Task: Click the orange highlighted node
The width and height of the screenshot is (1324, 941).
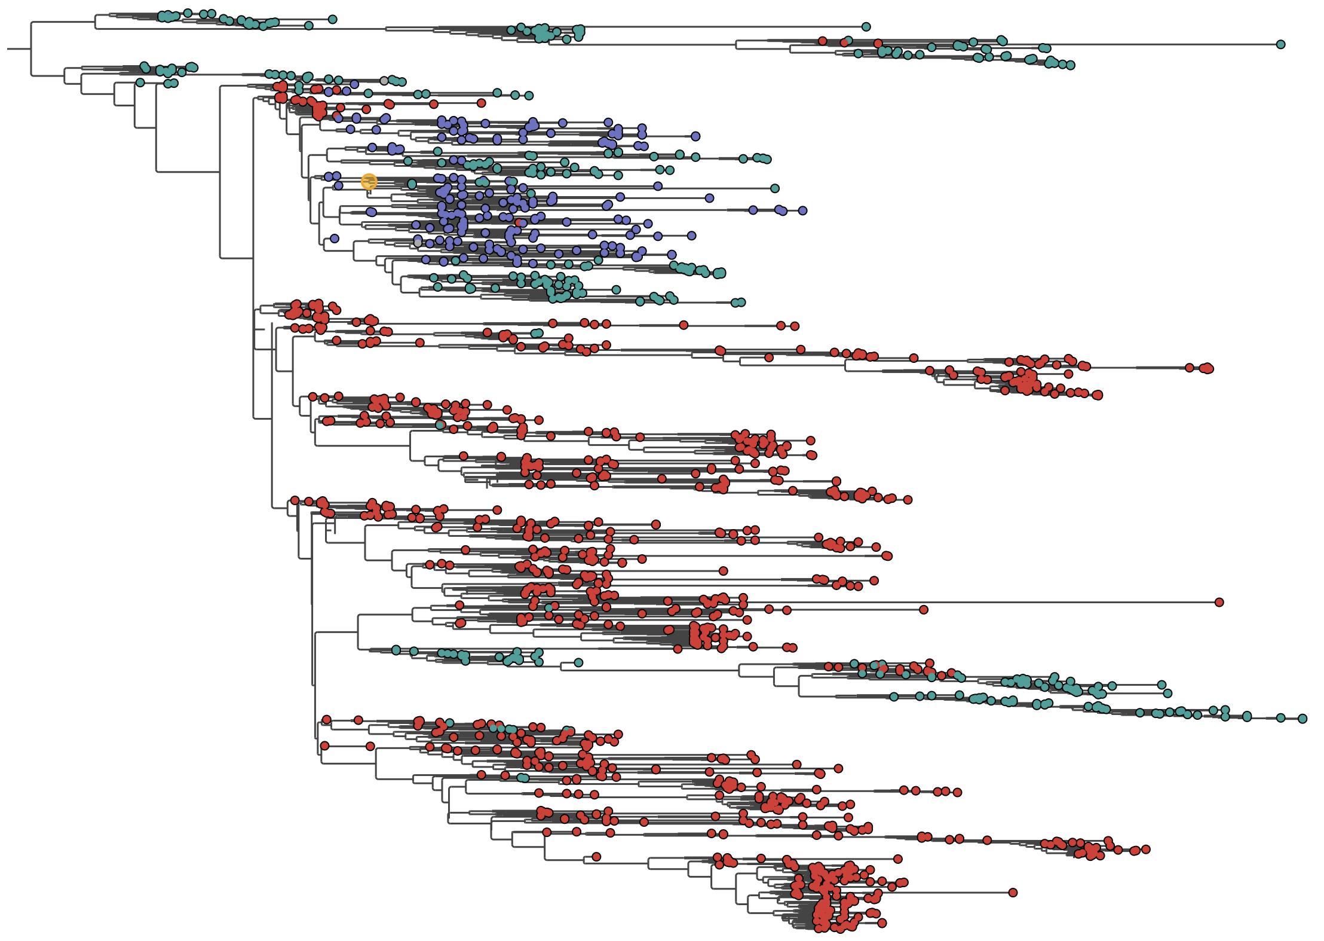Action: coord(369,181)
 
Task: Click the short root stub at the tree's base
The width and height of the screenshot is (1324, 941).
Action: coord(19,48)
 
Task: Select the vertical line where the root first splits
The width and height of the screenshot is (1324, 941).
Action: coord(31,48)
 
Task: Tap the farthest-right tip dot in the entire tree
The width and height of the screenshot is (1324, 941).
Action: coord(1302,719)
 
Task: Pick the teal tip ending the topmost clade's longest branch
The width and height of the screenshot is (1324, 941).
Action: coord(1280,44)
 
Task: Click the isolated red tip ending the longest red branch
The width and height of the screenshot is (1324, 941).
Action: coord(1219,602)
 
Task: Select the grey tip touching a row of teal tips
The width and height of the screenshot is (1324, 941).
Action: coord(384,81)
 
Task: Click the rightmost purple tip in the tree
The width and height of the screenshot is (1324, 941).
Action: coord(802,210)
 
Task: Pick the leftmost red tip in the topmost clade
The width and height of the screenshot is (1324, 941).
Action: coord(823,41)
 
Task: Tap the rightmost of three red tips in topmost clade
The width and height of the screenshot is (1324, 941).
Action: coord(878,43)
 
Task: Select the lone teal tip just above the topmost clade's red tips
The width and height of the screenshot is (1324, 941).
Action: coord(848,40)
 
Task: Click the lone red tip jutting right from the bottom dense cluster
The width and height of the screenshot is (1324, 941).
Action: coord(1013,893)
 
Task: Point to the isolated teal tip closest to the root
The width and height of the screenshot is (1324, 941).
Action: coord(140,83)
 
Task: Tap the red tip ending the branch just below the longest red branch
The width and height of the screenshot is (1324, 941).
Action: coord(923,610)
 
